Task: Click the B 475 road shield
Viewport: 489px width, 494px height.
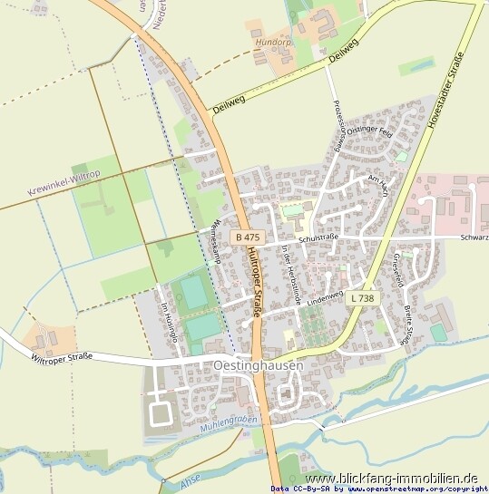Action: tap(246, 237)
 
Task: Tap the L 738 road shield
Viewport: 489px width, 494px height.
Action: tap(362, 297)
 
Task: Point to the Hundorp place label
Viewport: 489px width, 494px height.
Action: tap(273, 42)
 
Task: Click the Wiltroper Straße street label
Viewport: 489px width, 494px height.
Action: tap(62, 355)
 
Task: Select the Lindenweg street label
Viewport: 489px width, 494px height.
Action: tap(328, 296)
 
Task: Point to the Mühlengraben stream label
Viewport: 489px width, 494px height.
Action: tap(230, 421)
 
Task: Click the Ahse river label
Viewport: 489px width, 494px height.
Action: tap(188, 485)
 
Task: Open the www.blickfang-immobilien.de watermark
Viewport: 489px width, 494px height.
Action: tap(392, 478)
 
